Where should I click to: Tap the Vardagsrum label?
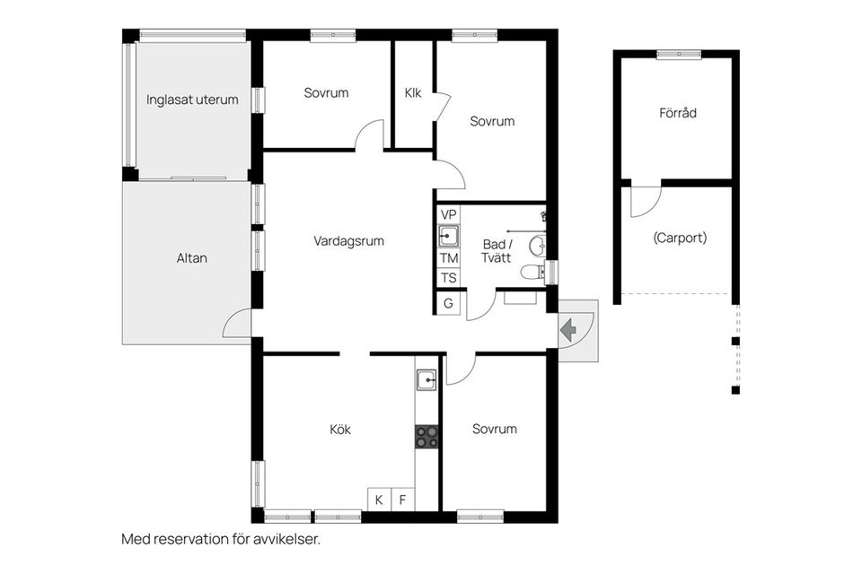coord(349,240)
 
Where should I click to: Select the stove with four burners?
coord(427,437)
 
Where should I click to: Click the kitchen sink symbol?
coord(427,381)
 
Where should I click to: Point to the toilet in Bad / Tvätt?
coord(534,272)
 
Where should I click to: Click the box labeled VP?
coord(449,213)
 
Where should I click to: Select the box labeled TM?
coord(449,257)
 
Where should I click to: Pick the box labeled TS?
coord(449,278)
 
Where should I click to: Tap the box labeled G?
coord(449,303)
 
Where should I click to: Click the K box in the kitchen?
coord(379,499)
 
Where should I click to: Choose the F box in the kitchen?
coord(403,499)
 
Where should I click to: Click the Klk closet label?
coord(413,92)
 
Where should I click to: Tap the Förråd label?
coord(678,114)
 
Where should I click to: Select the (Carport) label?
coord(680,239)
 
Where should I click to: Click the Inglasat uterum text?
coord(193,100)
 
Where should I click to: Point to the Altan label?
coord(192,258)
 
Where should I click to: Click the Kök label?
coord(340,430)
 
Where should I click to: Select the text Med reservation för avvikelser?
coord(221,540)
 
